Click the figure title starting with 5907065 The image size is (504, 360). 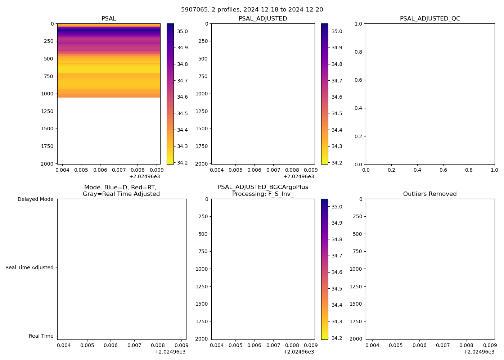252,10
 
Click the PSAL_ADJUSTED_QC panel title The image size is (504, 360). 430,19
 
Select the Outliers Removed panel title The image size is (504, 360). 430,194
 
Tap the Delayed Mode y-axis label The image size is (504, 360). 35,199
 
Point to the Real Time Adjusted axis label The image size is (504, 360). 30,267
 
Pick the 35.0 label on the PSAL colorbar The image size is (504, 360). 182,31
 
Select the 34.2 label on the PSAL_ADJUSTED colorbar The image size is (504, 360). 337,163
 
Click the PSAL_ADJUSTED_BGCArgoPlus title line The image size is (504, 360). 263,187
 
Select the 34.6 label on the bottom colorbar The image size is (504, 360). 337,272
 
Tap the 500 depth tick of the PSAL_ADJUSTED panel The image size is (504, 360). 202,59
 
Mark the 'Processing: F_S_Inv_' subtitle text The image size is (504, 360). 263,194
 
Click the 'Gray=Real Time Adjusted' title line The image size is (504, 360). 121,194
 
